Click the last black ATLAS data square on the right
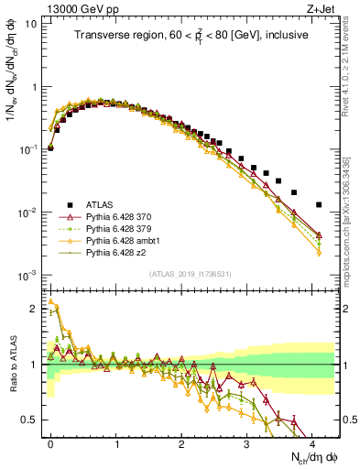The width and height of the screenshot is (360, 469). pyautogui.click(x=318, y=204)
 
